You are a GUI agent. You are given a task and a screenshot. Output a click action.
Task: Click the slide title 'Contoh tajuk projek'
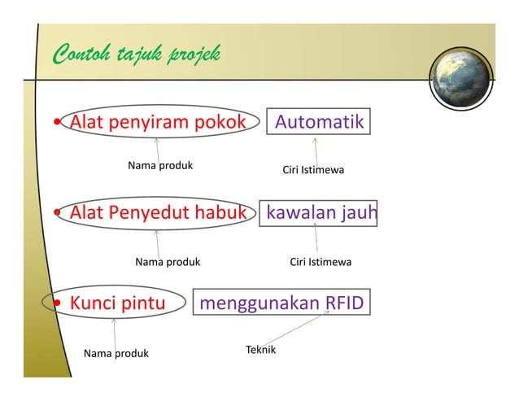(x=135, y=55)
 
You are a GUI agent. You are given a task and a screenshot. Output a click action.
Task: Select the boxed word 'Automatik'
(x=318, y=122)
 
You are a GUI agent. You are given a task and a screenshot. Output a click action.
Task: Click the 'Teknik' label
(x=260, y=350)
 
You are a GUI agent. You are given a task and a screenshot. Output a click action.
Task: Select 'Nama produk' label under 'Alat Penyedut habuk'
(x=167, y=262)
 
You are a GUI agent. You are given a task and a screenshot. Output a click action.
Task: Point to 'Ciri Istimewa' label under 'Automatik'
(x=312, y=170)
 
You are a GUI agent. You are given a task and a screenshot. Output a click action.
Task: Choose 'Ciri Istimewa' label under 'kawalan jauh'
(x=321, y=262)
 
